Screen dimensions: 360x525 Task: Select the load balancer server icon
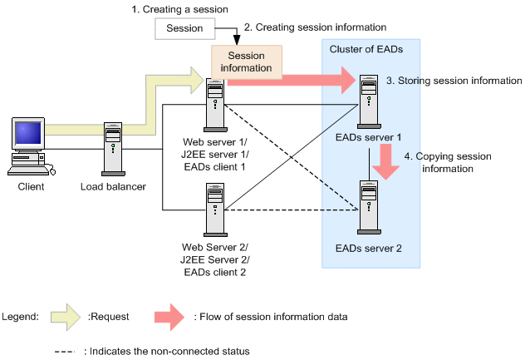click(x=114, y=147)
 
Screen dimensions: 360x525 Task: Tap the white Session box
click(x=184, y=28)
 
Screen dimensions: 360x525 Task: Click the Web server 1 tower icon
click(x=214, y=104)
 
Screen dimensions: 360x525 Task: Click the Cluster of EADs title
click(x=366, y=49)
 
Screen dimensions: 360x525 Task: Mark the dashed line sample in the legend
click(x=66, y=351)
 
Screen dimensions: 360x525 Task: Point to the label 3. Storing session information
click(x=454, y=81)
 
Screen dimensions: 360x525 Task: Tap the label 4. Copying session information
click(x=449, y=161)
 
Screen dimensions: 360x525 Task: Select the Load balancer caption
click(x=113, y=186)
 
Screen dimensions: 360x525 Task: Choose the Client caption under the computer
click(x=30, y=186)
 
